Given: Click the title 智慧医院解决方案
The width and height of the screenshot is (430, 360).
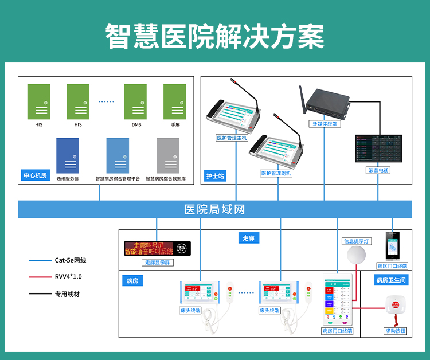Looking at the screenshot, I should (x=214, y=36).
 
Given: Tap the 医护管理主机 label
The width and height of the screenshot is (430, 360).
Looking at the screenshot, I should (x=231, y=138).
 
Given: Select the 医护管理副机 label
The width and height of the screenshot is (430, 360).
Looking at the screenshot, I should (x=276, y=173).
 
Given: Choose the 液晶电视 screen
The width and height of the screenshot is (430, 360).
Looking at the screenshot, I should (x=378, y=148).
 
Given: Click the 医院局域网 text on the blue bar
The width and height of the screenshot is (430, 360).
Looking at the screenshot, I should (x=214, y=209).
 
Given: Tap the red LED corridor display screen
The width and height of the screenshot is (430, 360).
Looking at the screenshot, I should (x=149, y=248).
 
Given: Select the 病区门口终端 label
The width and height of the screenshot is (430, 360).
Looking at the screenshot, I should (x=392, y=266).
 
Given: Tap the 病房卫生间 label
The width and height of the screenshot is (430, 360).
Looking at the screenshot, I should (x=391, y=280).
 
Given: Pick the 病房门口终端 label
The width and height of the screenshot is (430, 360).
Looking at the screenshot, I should (x=337, y=331).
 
